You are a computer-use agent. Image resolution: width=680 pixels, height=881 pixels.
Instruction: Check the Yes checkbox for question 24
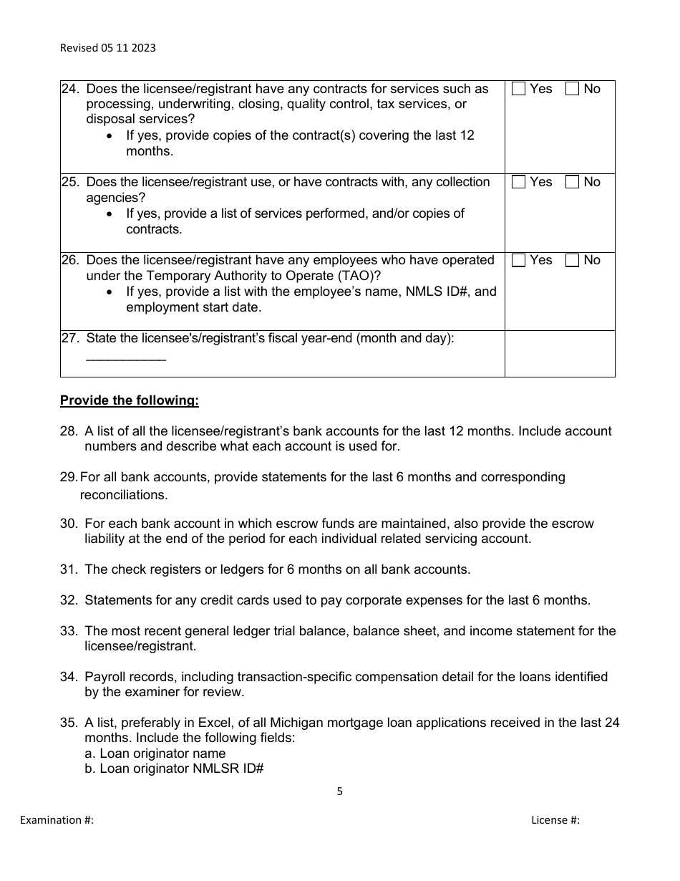click(519, 89)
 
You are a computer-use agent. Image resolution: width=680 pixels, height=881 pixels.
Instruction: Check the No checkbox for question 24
click(573, 89)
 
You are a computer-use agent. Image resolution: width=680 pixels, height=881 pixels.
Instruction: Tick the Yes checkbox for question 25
click(519, 182)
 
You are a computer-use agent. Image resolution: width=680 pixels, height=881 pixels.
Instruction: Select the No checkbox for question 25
click(573, 182)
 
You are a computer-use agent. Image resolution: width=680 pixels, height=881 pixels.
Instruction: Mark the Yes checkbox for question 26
click(519, 261)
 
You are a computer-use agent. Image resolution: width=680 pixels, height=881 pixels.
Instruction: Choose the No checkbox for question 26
click(573, 261)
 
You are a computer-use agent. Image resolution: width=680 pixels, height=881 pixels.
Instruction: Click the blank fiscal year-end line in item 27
click(126, 357)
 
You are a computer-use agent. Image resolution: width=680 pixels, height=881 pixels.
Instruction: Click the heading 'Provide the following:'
click(130, 400)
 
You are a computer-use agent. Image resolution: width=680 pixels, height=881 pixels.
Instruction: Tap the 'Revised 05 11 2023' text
click(107, 48)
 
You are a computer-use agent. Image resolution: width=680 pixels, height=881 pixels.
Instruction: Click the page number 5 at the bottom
click(340, 791)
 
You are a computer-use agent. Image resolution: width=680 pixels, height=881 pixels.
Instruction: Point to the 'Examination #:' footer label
click(57, 820)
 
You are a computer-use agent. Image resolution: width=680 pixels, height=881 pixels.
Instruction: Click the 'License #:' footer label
click(555, 820)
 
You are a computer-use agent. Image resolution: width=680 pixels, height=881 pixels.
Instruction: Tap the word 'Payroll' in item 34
click(105, 677)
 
